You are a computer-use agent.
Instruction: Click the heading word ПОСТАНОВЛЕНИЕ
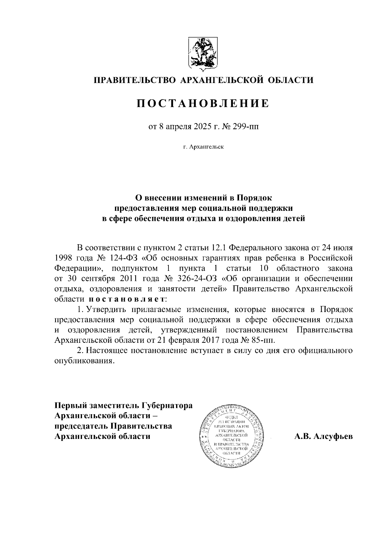(x=203, y=103)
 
